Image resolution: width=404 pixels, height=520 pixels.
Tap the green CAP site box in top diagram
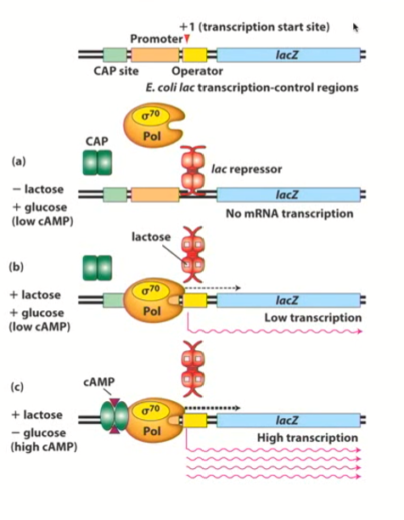tap(115, 55)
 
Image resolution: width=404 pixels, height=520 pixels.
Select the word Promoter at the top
tap(156, 39)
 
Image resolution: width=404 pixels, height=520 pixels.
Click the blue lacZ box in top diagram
tap(287, 55)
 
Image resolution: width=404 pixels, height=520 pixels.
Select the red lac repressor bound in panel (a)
tap(195, 171)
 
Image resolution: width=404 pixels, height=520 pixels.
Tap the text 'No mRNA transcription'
tap(289, 213)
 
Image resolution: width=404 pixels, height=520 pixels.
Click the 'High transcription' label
tap(307, 438)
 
